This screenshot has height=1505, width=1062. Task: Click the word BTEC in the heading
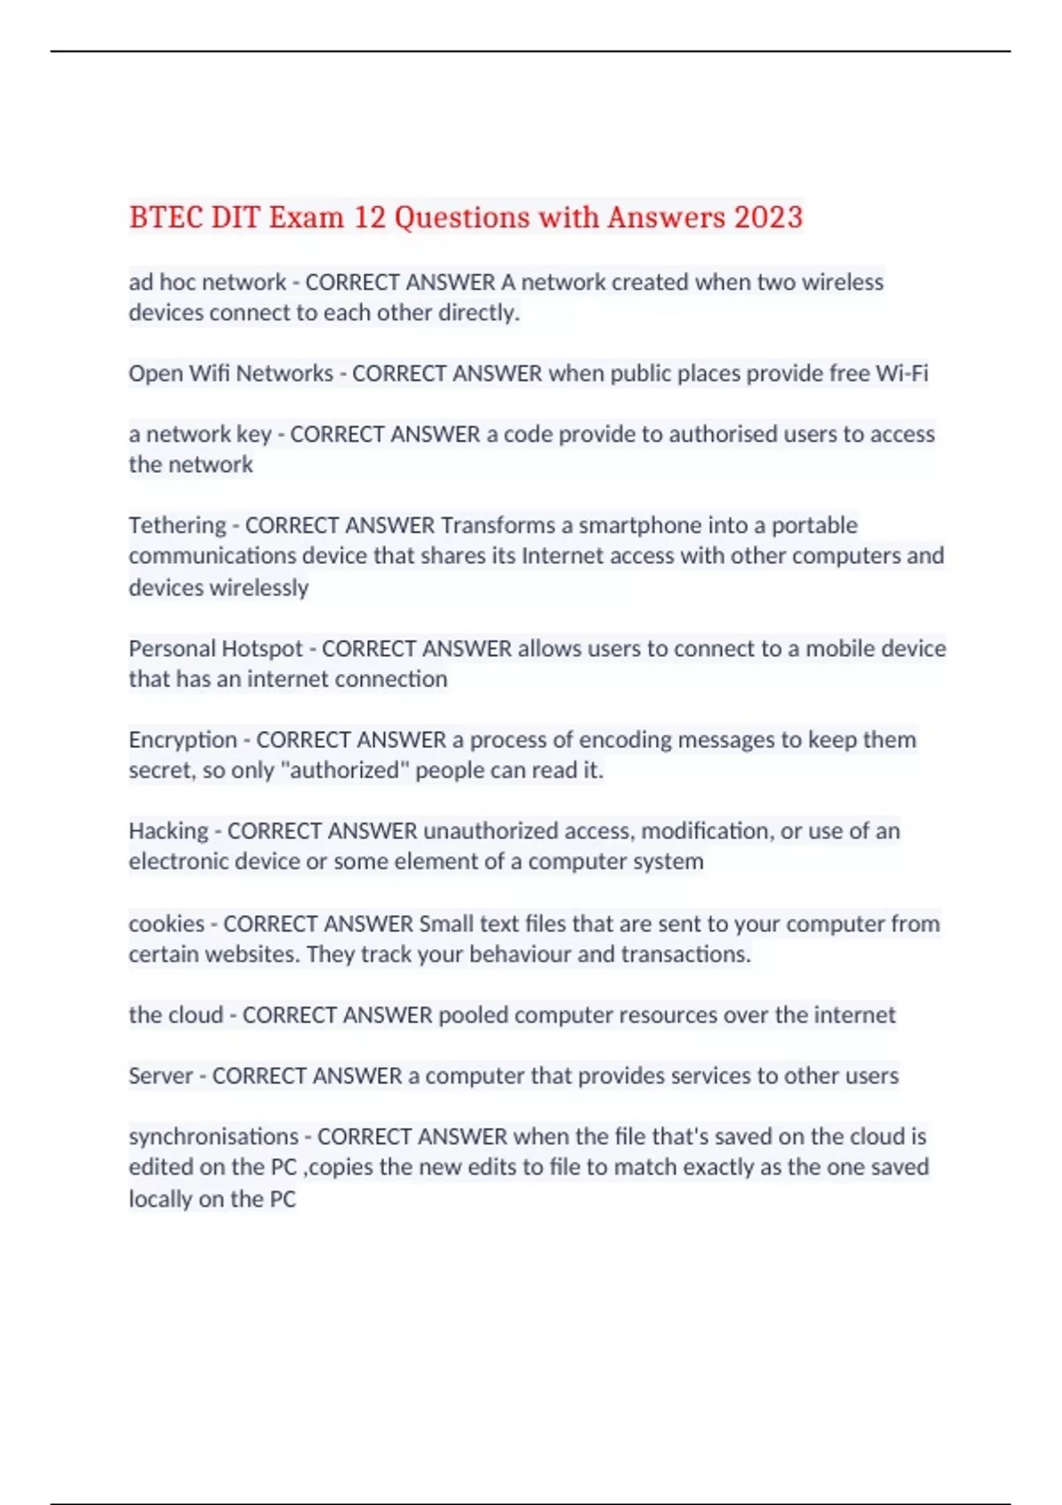point(165,217)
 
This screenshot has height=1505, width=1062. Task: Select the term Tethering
point(177,525)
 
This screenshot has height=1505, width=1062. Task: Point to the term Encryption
point(182,739)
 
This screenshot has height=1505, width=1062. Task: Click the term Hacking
point(168,830)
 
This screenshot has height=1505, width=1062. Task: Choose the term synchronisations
point(213,1136)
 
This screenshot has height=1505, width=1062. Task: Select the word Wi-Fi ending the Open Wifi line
point(902,373)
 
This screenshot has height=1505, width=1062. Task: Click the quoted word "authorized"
point(344,770)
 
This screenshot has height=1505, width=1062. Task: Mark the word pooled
point(473,1015)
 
